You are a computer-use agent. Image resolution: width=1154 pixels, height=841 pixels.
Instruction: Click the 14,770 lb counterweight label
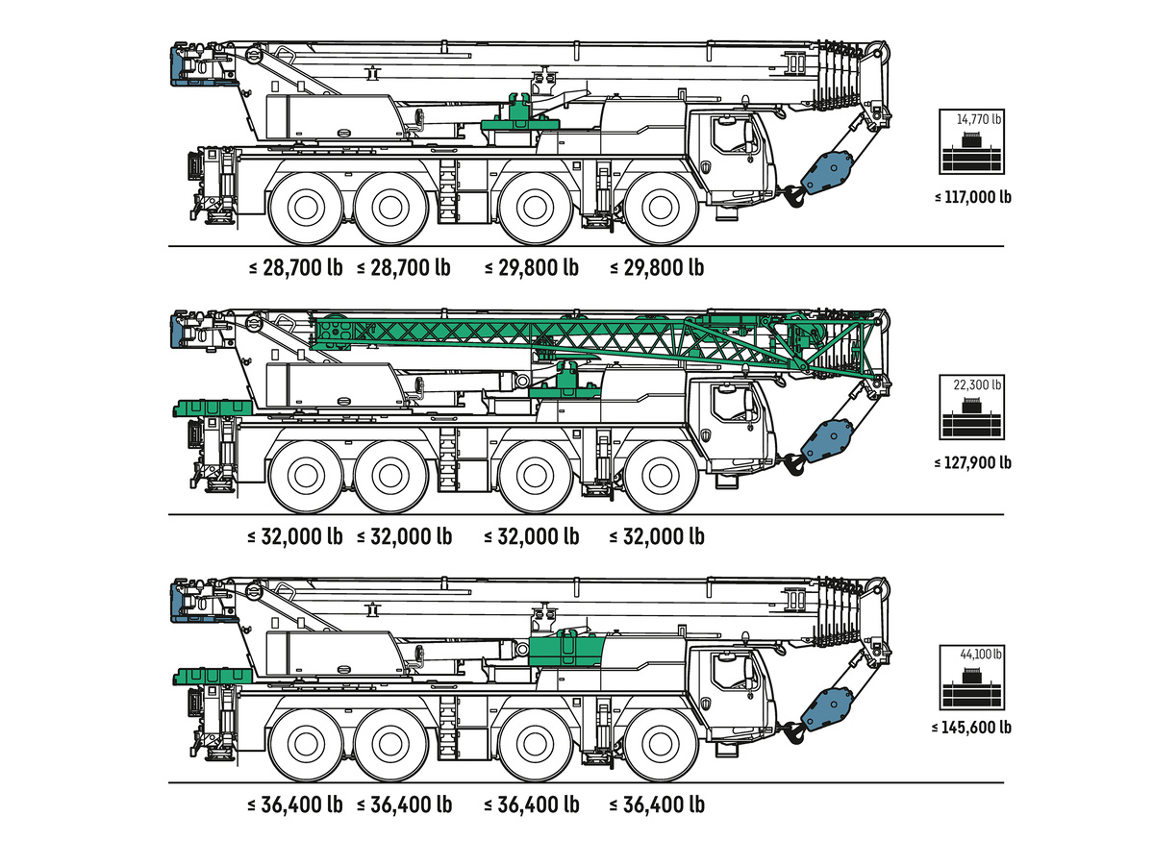[x=978, y=119]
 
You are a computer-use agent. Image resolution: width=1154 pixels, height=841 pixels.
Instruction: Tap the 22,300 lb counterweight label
[x=977, y=384]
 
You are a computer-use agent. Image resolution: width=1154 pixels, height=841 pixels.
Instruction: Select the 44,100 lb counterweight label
[x=980, y=654]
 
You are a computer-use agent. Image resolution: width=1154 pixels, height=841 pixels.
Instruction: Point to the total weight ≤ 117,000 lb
[x=972, y=197]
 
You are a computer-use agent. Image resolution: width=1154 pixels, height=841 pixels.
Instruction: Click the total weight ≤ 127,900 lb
[x=972, y=462]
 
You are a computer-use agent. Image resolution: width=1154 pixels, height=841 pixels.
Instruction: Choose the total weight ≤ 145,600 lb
[x=971, y=728]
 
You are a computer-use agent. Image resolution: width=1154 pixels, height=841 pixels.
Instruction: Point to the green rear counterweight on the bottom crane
[x=213, y=676]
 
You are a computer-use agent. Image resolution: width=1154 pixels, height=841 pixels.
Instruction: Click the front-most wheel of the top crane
[x=661, y=208]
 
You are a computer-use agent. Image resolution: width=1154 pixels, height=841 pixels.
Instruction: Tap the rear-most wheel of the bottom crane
[x=306, y=744]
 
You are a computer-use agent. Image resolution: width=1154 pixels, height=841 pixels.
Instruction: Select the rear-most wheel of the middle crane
[x=306, y=477]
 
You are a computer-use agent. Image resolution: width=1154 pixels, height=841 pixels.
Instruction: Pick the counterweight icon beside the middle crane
[x=971, y=407]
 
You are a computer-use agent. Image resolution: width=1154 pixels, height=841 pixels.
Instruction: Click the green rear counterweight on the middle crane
[x=213, y=408]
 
